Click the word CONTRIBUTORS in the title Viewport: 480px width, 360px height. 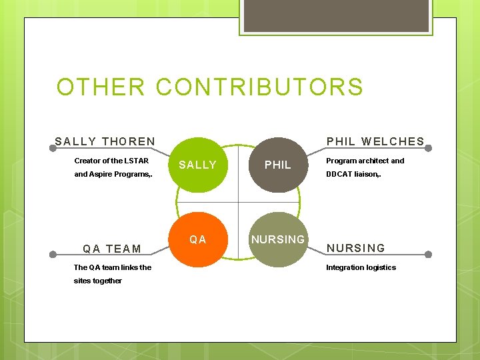coord(260,87)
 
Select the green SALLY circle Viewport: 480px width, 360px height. coord(198,165)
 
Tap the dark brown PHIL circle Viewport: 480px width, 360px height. coord(278,165)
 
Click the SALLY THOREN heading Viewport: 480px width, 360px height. coord(105,141)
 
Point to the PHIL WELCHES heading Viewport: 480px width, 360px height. coord(375,141)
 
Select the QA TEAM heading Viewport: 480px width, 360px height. coord(112,249)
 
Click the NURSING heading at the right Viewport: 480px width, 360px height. coord(355,249)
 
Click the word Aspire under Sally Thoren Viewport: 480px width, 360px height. coord(101,174)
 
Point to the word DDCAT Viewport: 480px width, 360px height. coord(338,174)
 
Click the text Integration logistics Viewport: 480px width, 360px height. coord(361,267)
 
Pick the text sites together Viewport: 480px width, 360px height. coord(98,281)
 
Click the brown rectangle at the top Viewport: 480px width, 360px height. coord(336,16)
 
